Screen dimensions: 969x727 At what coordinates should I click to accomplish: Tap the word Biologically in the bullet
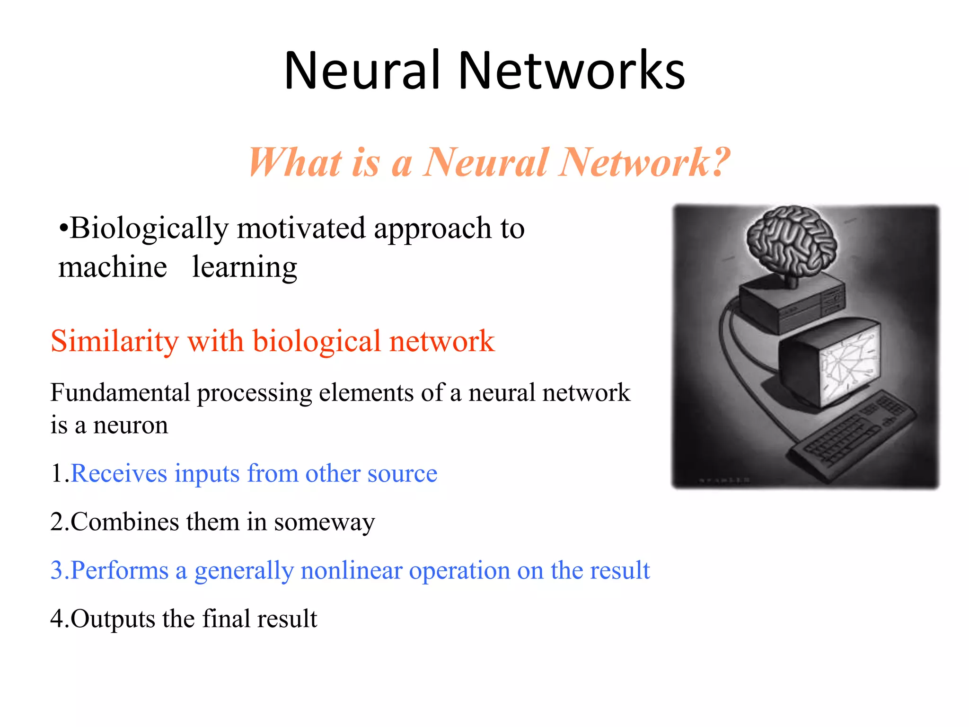[x=149, y=229]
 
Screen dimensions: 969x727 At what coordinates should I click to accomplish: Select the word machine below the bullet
[x=113, y=267]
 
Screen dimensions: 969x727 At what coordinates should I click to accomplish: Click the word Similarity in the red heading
[x=114, y=341]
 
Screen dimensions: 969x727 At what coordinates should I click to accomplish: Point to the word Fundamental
[x=120, y=393]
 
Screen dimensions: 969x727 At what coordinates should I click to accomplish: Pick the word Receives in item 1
[x=119, y=473]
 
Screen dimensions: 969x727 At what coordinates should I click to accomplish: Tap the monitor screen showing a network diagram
[x=849, y=364]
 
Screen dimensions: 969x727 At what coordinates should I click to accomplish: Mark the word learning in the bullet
[x=245, y=267]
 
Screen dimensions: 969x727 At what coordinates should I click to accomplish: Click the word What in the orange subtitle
[x=296, y=162]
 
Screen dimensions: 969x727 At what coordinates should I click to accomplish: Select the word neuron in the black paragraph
[x=131, y=425]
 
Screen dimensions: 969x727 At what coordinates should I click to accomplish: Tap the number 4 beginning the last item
[x=57, y=619]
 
